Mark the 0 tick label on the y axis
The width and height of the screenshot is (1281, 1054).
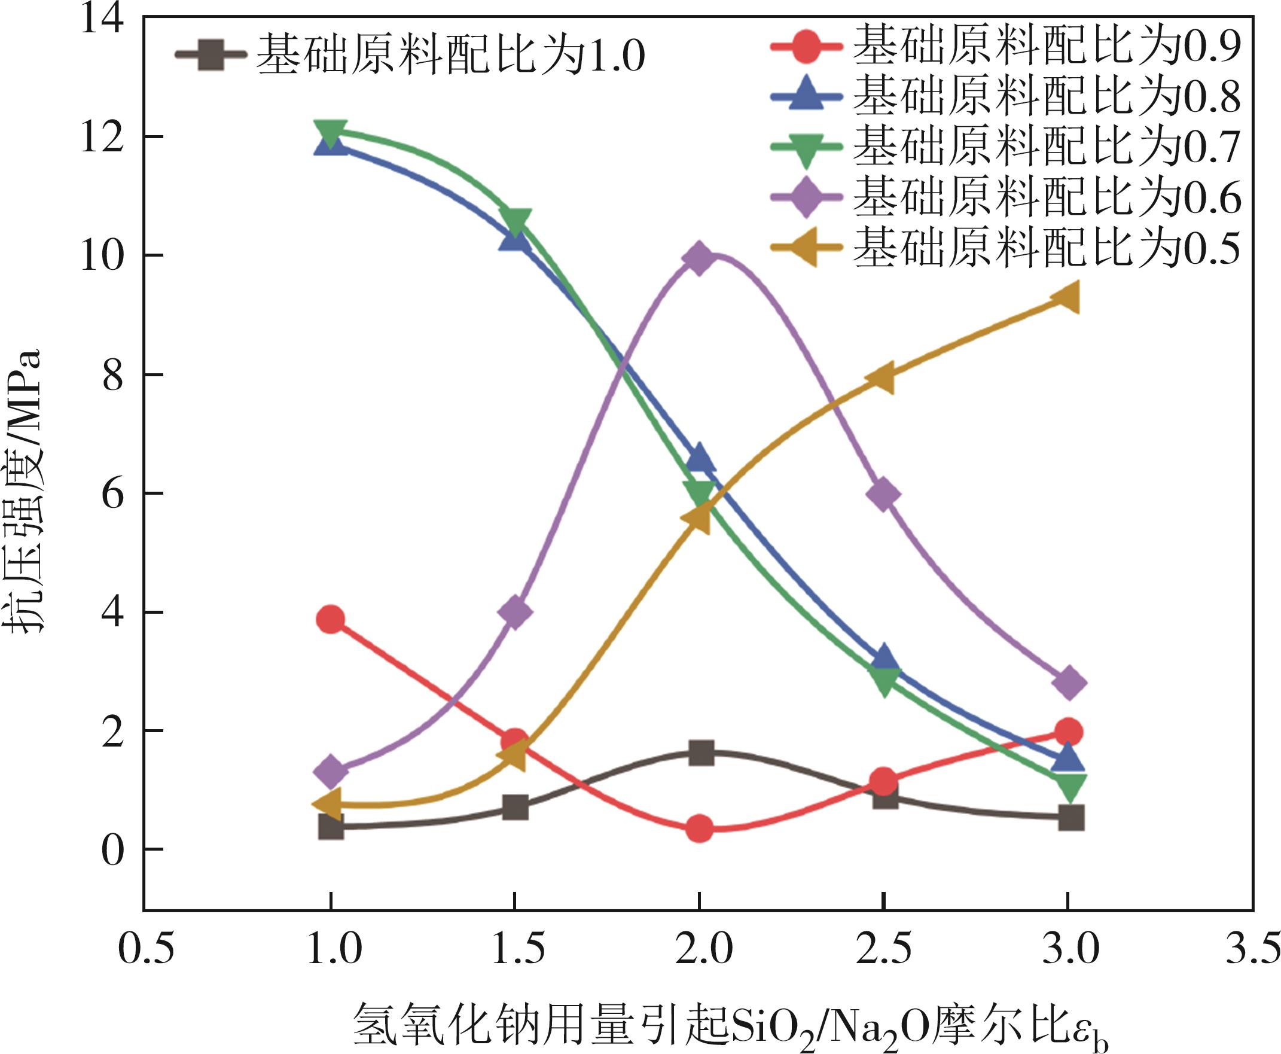(112, 849)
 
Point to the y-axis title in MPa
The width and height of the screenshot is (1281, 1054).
(27, 492)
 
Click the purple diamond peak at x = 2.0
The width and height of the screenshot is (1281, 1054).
(699, 257)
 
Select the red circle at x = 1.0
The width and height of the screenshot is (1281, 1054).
(331, 620)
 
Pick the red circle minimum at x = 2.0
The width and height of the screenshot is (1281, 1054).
(700, 828)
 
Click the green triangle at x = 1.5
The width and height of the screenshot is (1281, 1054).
(515, 221)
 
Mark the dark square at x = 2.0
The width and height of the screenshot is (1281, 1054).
(700, 753)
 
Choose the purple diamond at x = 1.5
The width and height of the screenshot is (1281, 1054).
(515, 612)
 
